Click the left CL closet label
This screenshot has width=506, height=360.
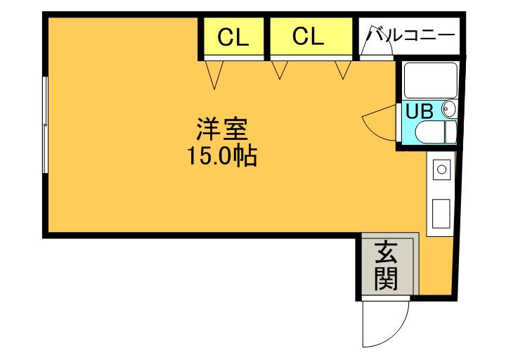233,37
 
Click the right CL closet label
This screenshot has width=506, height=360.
309,37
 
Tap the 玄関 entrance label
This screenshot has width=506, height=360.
386,266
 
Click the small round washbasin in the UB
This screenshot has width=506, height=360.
448,109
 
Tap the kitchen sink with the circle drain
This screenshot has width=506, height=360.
442,170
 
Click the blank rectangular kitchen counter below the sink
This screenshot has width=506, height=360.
442,212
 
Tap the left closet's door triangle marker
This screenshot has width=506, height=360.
215,73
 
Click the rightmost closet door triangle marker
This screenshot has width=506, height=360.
344,70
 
